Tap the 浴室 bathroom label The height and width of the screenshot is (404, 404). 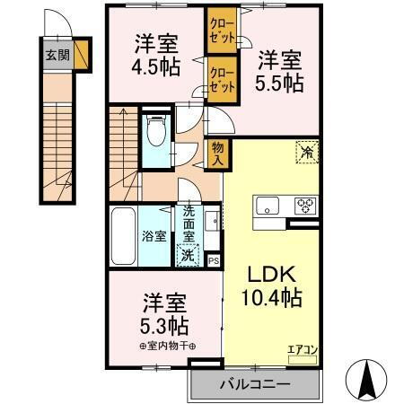click(x=154, y=237)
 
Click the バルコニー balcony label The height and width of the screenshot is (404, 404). click(x=255, y=385)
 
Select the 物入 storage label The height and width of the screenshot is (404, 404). click(x=217, y=154)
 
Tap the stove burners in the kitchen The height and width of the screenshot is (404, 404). click(x=306, y=206)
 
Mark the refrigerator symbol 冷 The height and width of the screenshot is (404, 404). click(x=307, y=153)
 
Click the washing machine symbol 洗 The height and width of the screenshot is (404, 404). click(x=187, y=253)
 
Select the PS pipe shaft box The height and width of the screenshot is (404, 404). click(x=214, y=260)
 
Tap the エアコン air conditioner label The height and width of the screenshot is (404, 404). click(x=302, y=350)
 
